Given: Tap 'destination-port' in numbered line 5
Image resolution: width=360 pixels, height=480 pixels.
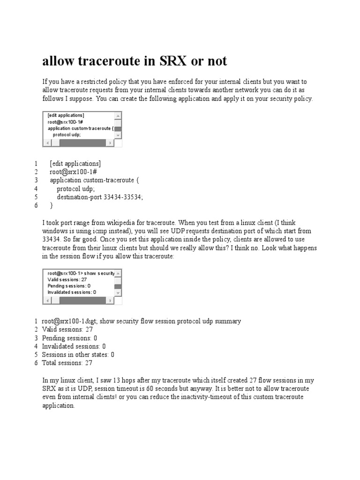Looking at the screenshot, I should point(79,197).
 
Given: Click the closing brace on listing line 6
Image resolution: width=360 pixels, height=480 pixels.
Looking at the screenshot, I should point(52,205).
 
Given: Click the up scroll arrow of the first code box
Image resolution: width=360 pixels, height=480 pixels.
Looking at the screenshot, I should point(118,115).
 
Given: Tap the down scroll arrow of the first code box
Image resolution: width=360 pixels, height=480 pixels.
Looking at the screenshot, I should point(118,135).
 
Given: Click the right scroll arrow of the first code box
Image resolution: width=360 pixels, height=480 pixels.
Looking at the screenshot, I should point(110,142).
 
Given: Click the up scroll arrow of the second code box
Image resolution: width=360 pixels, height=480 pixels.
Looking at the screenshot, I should point(118,273).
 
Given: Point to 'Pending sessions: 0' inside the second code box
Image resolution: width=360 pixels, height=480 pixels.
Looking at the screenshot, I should point(69,285).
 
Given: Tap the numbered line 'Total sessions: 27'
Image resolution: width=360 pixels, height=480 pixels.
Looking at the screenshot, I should point(67,363).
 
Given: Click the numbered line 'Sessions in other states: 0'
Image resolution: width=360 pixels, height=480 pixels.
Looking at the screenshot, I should point(78,354).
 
